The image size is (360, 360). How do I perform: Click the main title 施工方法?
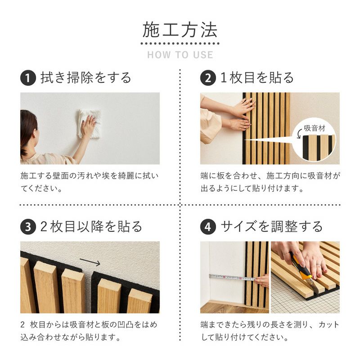pos(180,30)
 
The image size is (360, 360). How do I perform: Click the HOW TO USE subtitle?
pos(180,55)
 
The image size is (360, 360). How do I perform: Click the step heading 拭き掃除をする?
pos(86,78)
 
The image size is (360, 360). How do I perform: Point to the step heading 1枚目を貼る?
pos(257,78)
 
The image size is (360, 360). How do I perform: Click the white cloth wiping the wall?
pos(88,122)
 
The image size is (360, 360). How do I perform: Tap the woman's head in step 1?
pos(28,130)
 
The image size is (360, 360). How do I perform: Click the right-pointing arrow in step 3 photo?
pos(90,261)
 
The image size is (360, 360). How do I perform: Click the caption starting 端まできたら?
pos(270,330)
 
